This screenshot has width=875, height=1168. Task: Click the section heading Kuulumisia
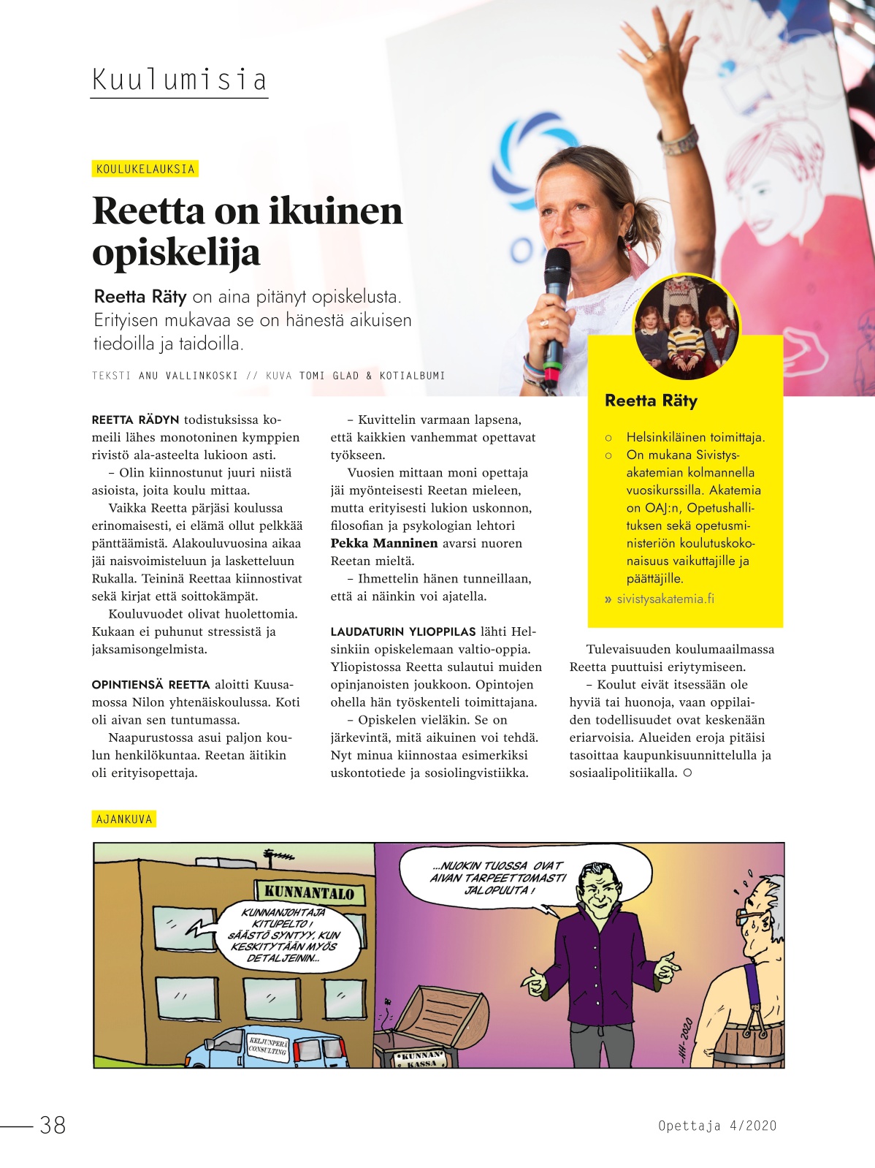coord(179,80)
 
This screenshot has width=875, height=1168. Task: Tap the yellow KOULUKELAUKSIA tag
coord(145,169)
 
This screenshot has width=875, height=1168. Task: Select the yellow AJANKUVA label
coord(124,819)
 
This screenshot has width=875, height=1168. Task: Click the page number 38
coord(53,1124)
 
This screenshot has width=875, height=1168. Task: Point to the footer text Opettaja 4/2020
coord(717,1126)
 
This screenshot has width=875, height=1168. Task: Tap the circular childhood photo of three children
coord(686,327)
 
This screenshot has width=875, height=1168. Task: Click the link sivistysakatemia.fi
coord(665,599)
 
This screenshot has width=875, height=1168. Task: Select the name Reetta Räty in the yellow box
coord(651,401)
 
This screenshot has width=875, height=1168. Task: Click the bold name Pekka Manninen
coord(384,543)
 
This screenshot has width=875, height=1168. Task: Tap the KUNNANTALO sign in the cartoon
coord(309,892)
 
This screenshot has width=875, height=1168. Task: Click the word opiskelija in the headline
coord(176,253)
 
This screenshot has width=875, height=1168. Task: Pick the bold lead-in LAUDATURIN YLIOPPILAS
coord(402,632)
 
